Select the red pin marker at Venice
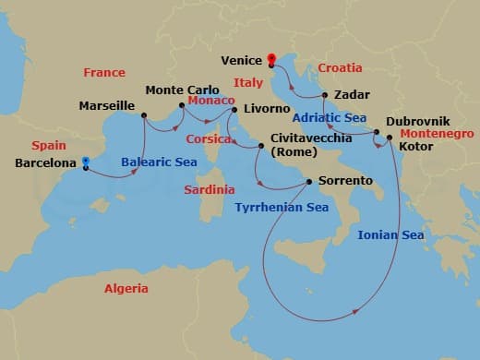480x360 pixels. (x=271, y=62)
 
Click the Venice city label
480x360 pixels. (x=243, y=62)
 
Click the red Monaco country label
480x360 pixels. (x=210, y=100)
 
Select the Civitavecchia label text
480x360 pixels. (x=310, y=138)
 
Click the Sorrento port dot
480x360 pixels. (x=309, y=181)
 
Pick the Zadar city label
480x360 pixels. (x=354, y=95)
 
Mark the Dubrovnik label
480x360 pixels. (x=418, y=121)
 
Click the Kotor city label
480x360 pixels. (x=417, y=147)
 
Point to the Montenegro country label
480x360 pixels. (x=438, y=134)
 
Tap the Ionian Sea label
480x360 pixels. (x=390, y=235)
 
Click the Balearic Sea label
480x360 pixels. (x=159, y=162)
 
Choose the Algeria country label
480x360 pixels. (x=126, y=289)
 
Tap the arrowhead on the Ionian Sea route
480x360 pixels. (x=354, y=314)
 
